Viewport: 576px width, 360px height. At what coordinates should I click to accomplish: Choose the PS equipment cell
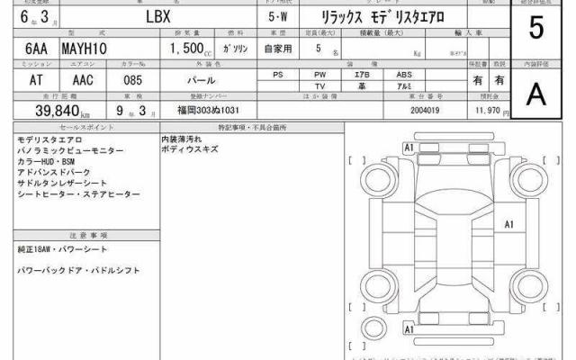[x=278, y=74]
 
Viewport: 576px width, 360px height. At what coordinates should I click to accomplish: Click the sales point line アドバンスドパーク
[x=56, y=172]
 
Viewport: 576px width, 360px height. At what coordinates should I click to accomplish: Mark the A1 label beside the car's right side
[x=508, y=224]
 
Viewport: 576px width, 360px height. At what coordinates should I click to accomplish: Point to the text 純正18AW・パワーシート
[x=62, y=248]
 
